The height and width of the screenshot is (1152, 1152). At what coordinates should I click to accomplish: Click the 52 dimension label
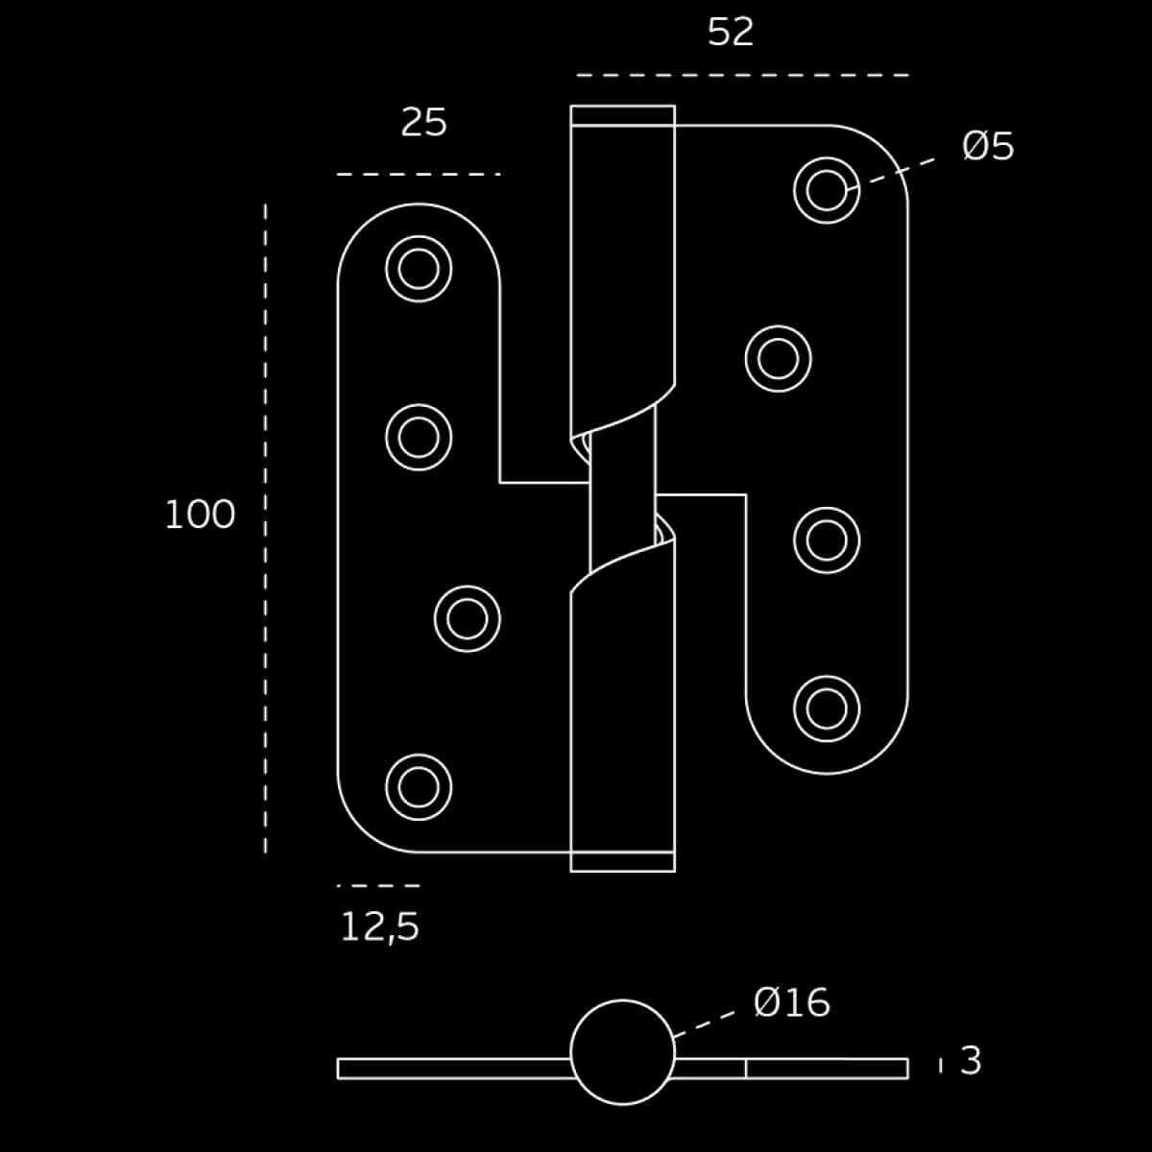click(730, 32)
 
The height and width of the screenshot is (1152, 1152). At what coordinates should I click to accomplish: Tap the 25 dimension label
click(423, 122)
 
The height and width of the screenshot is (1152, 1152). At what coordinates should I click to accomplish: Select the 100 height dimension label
click(200, 515)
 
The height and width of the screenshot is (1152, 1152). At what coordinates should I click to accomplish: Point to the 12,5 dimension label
click(379, 927)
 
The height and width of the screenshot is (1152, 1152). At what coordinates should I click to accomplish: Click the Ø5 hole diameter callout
click(988, 146)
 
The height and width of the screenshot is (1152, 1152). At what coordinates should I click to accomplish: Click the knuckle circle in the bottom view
click(622, 1000)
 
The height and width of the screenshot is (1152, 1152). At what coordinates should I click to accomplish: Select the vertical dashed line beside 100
click(265, 528)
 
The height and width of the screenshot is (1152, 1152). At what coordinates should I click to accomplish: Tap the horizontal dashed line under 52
click(742, 75)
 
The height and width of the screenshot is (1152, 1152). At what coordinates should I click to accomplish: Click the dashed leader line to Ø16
click(705, 1024)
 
